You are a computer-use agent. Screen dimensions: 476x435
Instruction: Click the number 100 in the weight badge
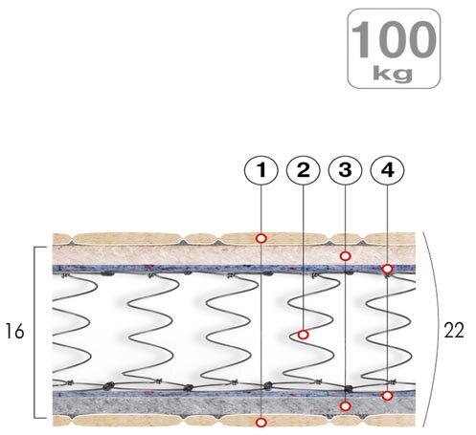pyautogui.click(x=394, y=40)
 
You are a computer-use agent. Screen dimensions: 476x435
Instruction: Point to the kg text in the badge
pyautogui.click(x=393, y=74)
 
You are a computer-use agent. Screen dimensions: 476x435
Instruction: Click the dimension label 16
pyautogui.click(x=14, y=331)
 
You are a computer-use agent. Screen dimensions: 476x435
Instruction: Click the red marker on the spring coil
pyautogui.click(x=303, y=335)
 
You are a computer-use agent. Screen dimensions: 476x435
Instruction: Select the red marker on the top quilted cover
pyautogui.click(x=261, y=238)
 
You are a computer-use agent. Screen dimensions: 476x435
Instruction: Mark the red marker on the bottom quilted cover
pyautogui.click(x=261, y=423)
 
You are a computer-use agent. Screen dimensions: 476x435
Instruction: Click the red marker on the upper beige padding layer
pyautogui.click(x=345, y=255)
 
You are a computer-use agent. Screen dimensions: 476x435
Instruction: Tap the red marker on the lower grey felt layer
pyautogui.click(x=345, y=406)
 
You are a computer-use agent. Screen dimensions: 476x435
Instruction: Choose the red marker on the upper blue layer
pyautogui.click(x=387, y=269)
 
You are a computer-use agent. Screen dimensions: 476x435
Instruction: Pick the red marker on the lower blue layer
pyautogui.click(x=387, y=396)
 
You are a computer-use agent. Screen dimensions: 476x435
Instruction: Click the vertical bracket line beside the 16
pyautogui.click(x=34, y=332)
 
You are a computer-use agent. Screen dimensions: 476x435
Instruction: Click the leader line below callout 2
pyautogui.click(x=303, y=257)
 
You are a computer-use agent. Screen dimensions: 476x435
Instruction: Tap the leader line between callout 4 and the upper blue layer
pyautogui.click(x=387, y=225)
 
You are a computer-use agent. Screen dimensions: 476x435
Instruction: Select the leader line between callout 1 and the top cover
pyautogui.click(x=261, y=209)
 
